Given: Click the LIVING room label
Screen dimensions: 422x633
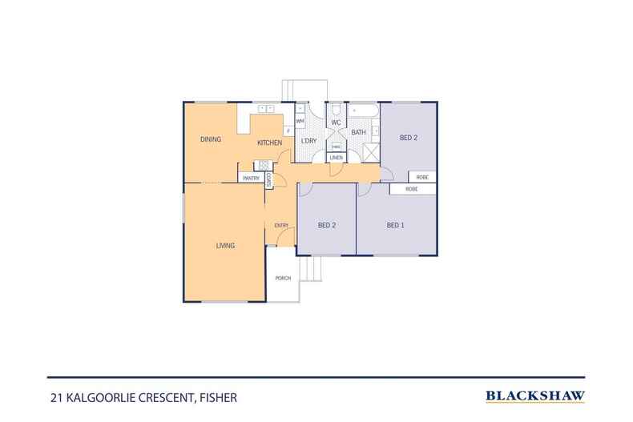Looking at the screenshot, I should pos(225,246).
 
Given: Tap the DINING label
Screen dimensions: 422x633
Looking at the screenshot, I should pos(211,140).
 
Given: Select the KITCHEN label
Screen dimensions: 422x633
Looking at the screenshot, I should pos(268,143).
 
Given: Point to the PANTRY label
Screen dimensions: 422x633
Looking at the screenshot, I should pos(252,179).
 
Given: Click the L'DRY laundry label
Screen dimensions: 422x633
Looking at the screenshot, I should pos(308,142).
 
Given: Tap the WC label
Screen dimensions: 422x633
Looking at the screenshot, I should pos(337,123).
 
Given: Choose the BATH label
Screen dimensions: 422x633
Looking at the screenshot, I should pos(358,132).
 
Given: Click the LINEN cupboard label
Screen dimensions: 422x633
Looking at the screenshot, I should pos(337,158).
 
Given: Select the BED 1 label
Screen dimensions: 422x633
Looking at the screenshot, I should pos(395,225).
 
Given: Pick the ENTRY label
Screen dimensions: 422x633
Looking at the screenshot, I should pos(281,225).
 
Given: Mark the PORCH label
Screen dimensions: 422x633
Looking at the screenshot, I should pos(282,278).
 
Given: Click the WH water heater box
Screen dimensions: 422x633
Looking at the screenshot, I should pos(300,121).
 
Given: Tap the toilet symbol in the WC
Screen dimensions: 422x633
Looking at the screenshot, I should pos(337,111).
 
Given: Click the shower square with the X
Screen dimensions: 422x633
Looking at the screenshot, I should pos(371,152).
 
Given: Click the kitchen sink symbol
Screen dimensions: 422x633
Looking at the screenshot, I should pos(266,108).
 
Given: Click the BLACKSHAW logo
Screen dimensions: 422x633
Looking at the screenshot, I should pos(535,396).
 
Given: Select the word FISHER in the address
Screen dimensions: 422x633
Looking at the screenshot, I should pos(217,396).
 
